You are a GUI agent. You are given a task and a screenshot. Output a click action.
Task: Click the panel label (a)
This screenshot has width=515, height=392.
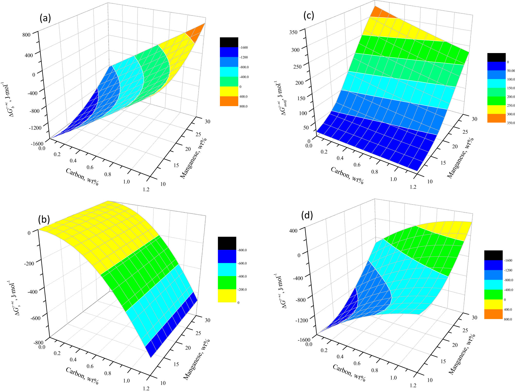45,18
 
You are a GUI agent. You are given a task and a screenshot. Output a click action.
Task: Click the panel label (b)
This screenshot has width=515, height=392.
44,219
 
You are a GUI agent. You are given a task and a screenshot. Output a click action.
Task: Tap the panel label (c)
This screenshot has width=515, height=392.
308,15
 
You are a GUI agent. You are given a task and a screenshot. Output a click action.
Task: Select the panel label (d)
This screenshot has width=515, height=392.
307,215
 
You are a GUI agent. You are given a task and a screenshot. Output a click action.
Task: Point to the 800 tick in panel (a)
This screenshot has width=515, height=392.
27,35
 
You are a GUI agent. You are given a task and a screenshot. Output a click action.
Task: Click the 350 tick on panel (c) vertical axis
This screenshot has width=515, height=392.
293,32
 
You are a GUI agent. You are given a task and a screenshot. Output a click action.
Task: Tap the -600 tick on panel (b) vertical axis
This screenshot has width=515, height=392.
36,318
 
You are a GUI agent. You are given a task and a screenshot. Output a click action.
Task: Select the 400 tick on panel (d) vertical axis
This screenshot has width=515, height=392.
293,231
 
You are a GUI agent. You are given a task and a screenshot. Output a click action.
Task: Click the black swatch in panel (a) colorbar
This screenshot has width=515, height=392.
229,42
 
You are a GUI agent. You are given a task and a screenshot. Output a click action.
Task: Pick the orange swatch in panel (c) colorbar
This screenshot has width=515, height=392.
496,118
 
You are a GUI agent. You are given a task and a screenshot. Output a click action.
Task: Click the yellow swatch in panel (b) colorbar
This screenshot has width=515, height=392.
227,296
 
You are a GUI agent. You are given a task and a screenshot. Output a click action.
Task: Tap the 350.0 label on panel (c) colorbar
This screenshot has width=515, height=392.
511,123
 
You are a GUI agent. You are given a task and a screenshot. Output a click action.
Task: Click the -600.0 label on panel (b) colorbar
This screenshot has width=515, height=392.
242,263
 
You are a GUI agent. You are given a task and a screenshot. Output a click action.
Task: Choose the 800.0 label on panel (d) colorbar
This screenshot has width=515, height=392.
508,319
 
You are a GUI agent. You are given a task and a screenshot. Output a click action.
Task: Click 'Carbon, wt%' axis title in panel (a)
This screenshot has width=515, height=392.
82,177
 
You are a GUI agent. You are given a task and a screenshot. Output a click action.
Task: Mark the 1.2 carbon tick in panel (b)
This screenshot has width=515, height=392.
146,388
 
